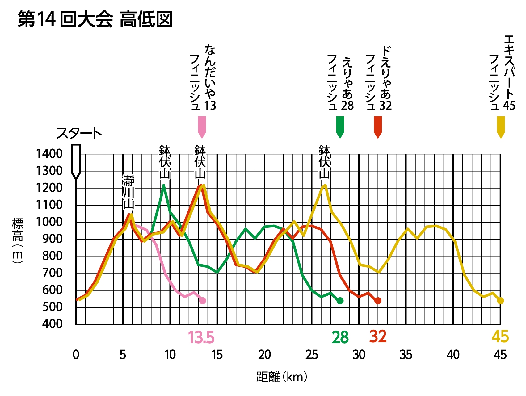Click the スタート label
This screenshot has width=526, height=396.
pyautogui.click(x=79, y=134)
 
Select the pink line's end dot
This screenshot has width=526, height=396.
pyautogui.click(x=203, y=301)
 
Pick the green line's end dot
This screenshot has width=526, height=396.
pyautogui.click(x=340, y=301)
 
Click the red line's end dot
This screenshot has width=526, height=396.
pyautogui.click(x=378, y=301)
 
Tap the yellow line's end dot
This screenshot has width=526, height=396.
pyautogui.click(x=501, y=301)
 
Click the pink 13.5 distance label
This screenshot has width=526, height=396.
pyautogui.click(x=201, y=337)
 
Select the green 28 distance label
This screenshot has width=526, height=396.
pyautogui.click(x=340, y=337)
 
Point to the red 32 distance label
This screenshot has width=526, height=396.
pyautogui.click(x=378, y=336)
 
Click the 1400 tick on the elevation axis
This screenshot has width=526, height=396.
pyautogui.click(x=49, y=154)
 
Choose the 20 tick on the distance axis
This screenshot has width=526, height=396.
pyautogui.click(x=265, y=355)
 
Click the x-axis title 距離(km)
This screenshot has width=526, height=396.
pyautogui.click(x=282, y=377)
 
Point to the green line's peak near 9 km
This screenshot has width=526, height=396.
pyautogui.click(x=163, y=186)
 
